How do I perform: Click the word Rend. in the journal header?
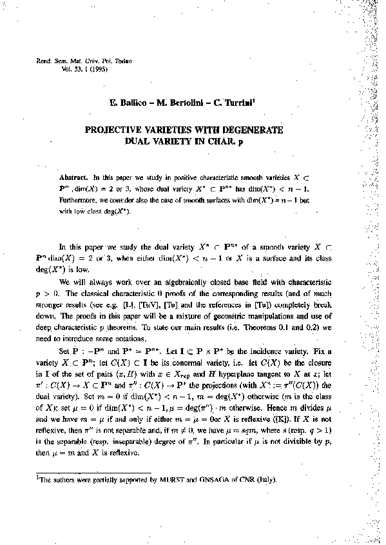(29, 60)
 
